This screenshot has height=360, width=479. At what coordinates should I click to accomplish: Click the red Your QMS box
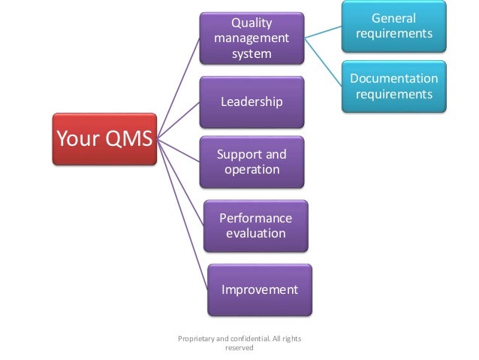pos(104,138)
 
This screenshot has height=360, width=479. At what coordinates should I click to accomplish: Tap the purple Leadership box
pos(252,101)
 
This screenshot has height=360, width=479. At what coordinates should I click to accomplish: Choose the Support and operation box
pos(252,162)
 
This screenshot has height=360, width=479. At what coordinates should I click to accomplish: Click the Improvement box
pos(259,289)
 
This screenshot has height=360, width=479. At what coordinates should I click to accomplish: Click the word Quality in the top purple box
pos(252,22)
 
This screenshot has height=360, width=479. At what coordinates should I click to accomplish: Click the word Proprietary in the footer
pos(197,339)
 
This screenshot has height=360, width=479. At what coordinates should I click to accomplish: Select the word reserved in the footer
pos(239,348)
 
